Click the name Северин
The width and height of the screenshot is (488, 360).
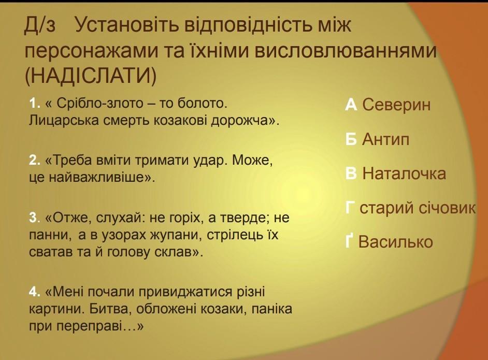[396, 105]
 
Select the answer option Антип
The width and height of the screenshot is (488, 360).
[385, 139]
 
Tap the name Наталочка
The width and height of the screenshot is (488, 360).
[404, 174]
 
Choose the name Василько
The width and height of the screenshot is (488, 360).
[395, 242]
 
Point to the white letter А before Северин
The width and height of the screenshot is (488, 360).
[351, 105]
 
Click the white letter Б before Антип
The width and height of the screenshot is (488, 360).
[351, 139]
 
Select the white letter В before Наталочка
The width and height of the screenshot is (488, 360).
[351, 174]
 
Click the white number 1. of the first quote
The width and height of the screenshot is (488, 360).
[35, 103]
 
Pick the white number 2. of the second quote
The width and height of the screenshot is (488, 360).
[35, 161]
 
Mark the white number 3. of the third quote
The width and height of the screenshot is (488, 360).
[35, 218]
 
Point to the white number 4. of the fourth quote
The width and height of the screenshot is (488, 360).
[35, 292]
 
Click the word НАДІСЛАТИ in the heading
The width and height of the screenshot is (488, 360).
[90, 75]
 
